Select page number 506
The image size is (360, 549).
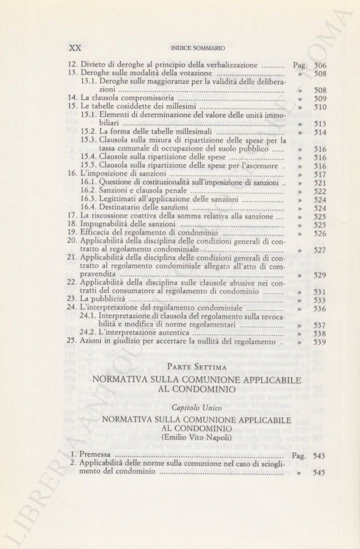click(320, 65)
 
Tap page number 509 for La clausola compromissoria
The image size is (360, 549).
click(320, 99)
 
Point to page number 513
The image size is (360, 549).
click(320, 124)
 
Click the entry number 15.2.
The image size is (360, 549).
click(88, 132)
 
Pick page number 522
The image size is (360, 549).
click(320, 192)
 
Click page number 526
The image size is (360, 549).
click(320, 234)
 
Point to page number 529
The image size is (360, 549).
click(320, 275)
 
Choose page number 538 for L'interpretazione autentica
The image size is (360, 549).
click(320, 334)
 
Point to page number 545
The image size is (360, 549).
click(320, 472)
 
